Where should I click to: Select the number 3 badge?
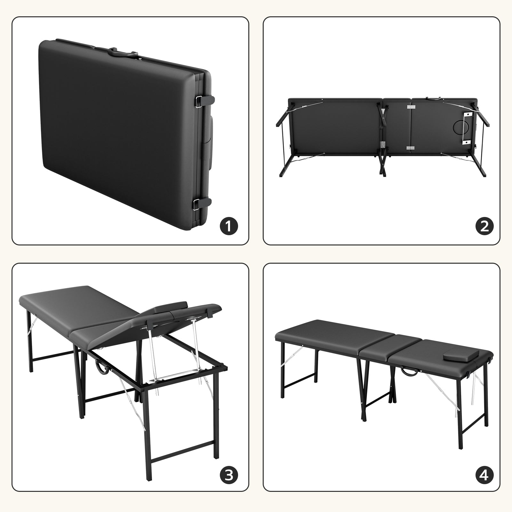click(x=228, y=484)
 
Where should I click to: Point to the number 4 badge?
click(x=484, y=484)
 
